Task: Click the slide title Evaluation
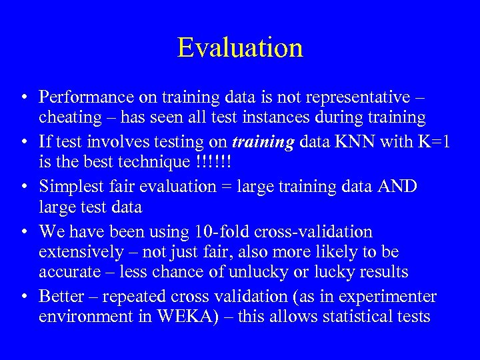(x=240, y=47)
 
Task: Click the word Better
(x=61, y=296)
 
